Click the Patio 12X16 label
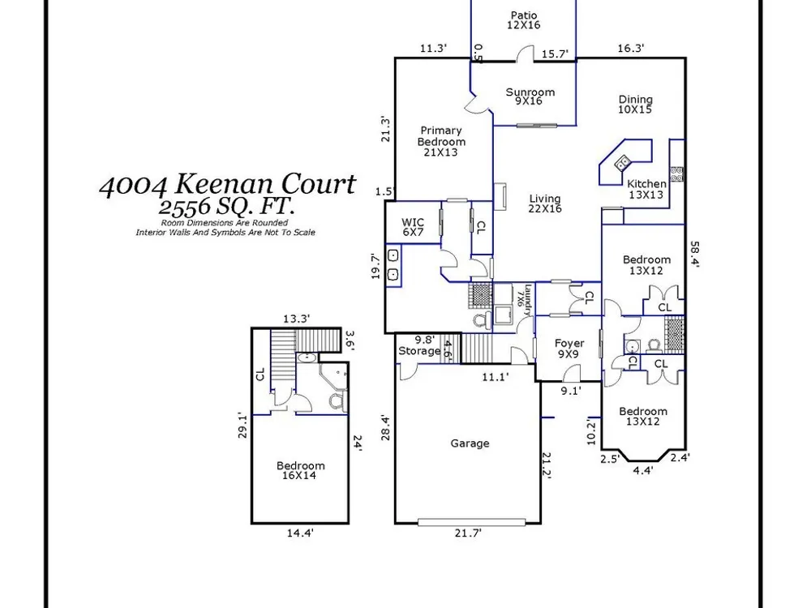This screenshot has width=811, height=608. click(523, 20)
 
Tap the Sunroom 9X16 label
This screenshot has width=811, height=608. click(530, 96)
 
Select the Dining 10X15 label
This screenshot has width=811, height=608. click(635, 104)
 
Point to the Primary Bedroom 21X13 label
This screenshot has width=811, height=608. click(441, 141)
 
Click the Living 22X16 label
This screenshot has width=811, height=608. click(545, 203)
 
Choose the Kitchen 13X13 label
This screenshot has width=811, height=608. click(646, 189)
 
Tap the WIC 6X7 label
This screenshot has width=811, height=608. click(413, 228)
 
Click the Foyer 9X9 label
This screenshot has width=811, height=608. click(569, 349)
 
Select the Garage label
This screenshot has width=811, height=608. click(470, 443)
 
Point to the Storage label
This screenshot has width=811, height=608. click(419, 351)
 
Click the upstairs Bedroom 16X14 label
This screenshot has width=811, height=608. click(300, 470)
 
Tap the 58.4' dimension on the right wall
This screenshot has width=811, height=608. click(695, 255)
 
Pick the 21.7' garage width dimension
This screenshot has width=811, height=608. click(468, 533)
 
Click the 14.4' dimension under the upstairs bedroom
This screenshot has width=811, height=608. click(300, 533)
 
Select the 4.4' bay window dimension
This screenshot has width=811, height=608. click(643, 470)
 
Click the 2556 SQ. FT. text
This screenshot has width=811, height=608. click(226, 207)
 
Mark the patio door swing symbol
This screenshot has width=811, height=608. click(526, 54)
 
